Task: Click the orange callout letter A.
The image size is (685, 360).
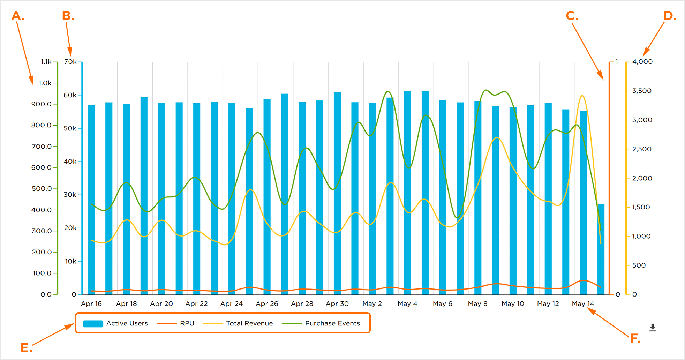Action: point(18,16)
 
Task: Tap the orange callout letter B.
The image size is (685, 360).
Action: point(68,16)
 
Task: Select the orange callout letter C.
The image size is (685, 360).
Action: point(572,16)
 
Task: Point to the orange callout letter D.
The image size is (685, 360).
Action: point(670,16)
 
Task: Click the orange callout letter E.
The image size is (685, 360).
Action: point(26,347)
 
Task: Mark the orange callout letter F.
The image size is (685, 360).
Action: point(635,338)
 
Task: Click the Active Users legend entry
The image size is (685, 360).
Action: point(115,323)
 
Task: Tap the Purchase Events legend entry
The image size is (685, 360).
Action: point(321,323)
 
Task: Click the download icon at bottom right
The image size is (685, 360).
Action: point(653,328)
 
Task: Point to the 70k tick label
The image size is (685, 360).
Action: point(70,62)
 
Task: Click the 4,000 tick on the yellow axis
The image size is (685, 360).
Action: point(642,62)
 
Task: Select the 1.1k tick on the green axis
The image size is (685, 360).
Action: point(46,62)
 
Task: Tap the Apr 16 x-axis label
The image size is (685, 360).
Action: point(91,304)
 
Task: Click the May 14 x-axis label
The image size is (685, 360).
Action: point(583,304)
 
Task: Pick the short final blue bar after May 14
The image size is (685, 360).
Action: point(601,249)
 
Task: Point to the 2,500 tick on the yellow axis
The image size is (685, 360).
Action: point(642,149)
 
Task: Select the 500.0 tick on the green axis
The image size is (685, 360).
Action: point(42,189)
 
